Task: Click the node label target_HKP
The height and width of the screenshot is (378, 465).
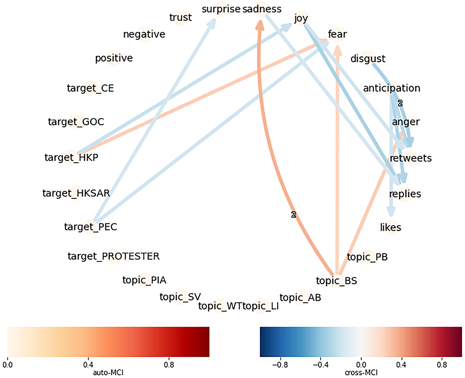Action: tap(71, 158)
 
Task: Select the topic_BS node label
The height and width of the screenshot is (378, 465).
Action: tap(336, 281)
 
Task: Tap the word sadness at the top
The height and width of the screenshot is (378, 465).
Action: tap(262, 9)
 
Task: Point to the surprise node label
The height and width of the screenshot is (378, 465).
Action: tap(221, 9)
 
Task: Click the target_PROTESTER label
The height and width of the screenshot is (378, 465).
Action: tap(113, 256)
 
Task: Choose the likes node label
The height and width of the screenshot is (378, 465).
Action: tap(390, 228)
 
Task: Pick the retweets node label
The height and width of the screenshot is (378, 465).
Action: tap(410, 158)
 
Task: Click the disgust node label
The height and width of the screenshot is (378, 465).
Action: tap(368, 59)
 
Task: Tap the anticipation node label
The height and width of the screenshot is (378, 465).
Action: tap(391, 88)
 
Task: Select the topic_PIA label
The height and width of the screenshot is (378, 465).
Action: tap(144, 280)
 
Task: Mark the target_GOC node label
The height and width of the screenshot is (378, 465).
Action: tap(76, 122)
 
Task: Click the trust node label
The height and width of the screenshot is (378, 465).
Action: tap(180, 17)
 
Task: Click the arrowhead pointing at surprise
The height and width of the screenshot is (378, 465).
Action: tap(212, 23)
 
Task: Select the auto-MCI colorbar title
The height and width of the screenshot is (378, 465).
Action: tap(108, 373)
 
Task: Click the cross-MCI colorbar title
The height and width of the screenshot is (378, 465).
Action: tap(361, 373)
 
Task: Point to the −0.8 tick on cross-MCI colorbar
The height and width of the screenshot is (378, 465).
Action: tap(280, 365)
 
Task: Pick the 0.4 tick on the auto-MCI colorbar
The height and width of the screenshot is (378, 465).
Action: tap(88, 365)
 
